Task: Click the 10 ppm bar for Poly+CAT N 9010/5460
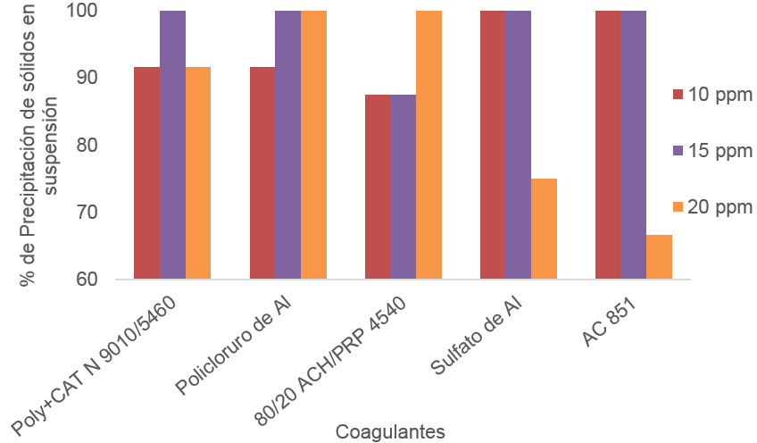(147, 173)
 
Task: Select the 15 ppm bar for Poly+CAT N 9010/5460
(173, 145)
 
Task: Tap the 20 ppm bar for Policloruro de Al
(314, 145)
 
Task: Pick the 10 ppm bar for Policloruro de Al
(262, 173)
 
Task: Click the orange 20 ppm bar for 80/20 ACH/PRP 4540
(429, 145)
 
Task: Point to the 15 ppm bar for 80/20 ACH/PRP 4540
(403, 187)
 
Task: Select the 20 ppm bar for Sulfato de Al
(545, 229)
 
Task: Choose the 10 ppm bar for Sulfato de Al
(493, 145)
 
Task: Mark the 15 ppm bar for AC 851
(634, 145)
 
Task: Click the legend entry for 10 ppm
(712, 96)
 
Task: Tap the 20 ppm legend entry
(712, 207)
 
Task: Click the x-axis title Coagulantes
(390, 431)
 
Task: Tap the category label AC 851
(615, 314)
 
